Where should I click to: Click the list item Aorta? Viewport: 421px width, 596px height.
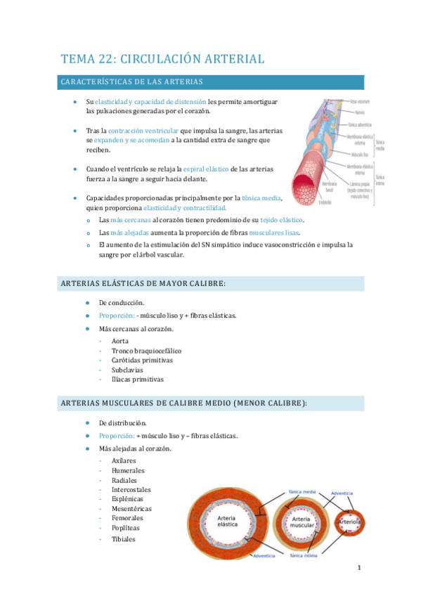point(119,341)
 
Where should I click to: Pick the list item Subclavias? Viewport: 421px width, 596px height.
point(127,370)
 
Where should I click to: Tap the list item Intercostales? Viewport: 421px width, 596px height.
point(131,490)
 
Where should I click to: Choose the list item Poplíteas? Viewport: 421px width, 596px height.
point(125,528)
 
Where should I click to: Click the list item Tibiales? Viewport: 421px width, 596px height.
point(123,539)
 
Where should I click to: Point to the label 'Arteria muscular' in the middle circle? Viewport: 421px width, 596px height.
point(302,521)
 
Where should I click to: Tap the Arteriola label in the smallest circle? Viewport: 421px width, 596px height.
point(349,521)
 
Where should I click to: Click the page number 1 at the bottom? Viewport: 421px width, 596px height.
point(358,568)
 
